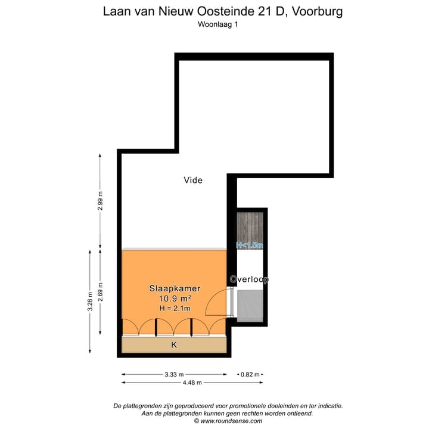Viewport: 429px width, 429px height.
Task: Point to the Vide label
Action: tap(192, 180)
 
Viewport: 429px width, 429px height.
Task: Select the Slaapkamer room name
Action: tap(175, 288)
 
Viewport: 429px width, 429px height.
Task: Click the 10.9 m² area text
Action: tap(175, 298)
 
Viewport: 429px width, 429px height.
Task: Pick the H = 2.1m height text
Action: tap(175, 308)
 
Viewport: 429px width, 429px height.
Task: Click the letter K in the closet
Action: tap(174, 345)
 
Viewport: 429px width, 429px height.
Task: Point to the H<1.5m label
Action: tap(249, 245)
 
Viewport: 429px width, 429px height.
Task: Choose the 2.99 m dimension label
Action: tap(100, 201)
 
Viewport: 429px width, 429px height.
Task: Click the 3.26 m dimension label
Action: tap(91, 301)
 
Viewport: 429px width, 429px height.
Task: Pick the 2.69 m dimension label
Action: tap(100, 292)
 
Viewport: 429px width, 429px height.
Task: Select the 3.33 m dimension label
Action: tap(174, 374)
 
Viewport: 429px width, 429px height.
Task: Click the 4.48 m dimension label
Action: tap(192, 383)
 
